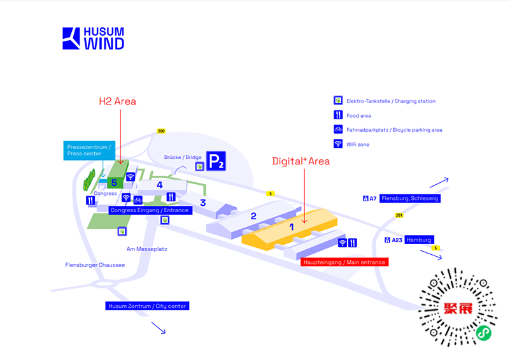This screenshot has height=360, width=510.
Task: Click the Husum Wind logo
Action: tap(93, 38)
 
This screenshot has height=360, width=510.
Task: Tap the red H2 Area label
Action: tap(117, 101)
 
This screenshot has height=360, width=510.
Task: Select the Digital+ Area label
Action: tap(301, 161)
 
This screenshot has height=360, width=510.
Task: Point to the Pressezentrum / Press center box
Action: tap(89, 150)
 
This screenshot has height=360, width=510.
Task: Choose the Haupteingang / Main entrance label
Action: tap(344, 262)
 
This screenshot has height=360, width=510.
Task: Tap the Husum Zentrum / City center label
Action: tap(147, 306)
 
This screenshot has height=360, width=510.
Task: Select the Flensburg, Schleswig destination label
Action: tap(410, 198)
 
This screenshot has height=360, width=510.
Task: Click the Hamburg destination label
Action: tap(419, 240)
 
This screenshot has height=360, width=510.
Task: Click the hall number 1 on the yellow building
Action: tap(292, 226)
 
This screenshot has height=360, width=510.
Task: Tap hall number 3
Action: tap(203, 203)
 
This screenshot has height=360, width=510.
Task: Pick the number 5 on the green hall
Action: tap(115, 183)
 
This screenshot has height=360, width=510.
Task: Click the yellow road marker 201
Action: tap(399, 215)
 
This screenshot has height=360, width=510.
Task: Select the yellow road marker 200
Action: tap(161, 131)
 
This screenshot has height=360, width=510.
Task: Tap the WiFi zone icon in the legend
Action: tap(338, 145)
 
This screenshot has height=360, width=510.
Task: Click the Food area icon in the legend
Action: tap(338, 115)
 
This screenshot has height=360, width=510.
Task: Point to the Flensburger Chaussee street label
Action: tap(95, 264)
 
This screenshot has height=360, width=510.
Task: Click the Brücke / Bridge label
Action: tap(183, 157)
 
